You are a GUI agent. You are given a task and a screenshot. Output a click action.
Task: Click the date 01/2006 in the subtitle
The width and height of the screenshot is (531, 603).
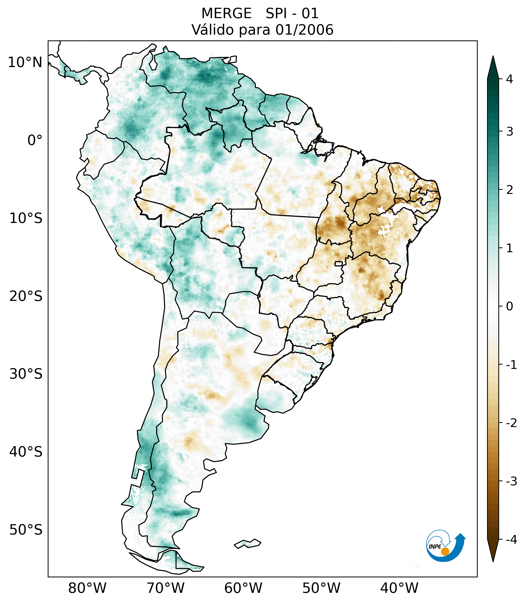tap(304, 30)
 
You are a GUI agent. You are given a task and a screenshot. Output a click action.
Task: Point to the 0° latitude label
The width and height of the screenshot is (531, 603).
tap(35, 140)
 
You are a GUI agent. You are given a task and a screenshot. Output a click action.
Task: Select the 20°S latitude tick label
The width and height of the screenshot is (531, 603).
tap(26, 296)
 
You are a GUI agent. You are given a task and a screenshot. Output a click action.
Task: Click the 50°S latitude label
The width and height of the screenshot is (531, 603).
tap(26, 530)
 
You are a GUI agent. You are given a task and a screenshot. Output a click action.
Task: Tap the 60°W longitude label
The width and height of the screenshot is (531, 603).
tap(243, 588)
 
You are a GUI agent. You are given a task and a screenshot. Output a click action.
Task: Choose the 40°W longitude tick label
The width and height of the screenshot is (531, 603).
tap(399, 588)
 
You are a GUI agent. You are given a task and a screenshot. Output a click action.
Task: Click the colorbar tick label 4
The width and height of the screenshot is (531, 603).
tap(509, 79)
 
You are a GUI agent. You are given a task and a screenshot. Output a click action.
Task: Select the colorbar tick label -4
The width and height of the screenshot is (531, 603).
tap(511, 540)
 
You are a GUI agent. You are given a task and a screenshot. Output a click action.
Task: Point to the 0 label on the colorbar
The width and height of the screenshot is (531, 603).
tap(509, 306)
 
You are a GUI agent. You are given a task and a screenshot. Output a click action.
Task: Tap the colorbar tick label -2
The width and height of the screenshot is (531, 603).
tap(511, 423)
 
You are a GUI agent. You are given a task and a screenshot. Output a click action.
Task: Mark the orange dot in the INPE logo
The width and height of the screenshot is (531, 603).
tap(445, 551)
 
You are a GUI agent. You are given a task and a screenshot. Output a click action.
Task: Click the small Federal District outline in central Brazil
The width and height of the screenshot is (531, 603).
tap(339, 263)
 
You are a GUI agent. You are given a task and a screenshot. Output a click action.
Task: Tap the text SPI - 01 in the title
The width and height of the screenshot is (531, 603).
tap(292, 14)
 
